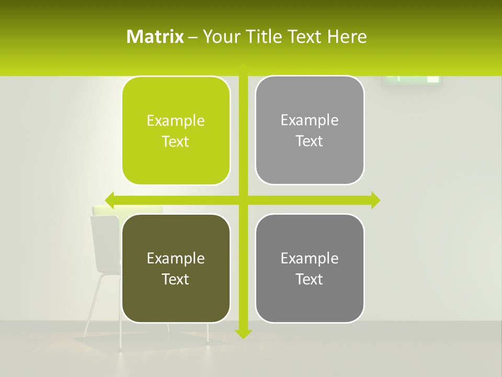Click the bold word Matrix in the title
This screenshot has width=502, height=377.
pyautogui.click(x=155, y=37)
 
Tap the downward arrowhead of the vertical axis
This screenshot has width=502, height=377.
pyautogui.click(x=243, y=334)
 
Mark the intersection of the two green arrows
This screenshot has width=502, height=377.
pyautogui.click(x=243, y=200)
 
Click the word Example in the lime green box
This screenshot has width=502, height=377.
pyautogui.click(x=176, y=121)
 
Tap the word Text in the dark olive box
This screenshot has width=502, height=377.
pyautogui.click(x=176, y=279)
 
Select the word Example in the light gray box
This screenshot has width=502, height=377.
pyautogui.click(x=310, y=120)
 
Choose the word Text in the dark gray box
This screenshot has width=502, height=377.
pyautogui.click(x=310, y=279)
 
